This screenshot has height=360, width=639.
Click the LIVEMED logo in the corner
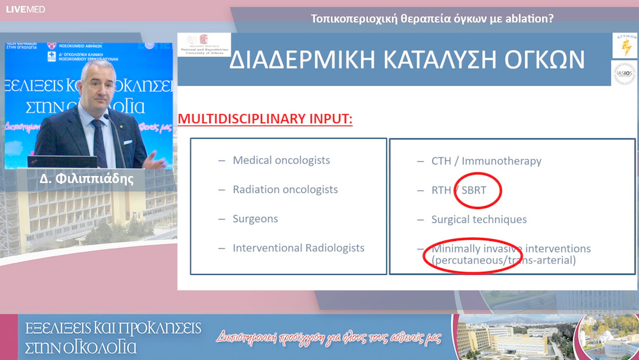25,9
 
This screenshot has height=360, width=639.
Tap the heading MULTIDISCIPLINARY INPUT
265,119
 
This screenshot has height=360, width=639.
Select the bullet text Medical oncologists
281,160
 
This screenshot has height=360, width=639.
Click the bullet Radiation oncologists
285,189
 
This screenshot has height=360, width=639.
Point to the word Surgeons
255,218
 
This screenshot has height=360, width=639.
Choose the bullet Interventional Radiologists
298,248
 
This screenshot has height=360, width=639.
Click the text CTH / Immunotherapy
486,161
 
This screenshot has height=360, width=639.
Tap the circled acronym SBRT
478,191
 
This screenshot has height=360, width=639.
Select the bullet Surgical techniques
479,220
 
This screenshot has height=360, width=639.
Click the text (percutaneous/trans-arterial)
504,260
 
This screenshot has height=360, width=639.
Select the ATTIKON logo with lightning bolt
625,46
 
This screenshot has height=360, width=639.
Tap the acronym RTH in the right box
441,191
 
